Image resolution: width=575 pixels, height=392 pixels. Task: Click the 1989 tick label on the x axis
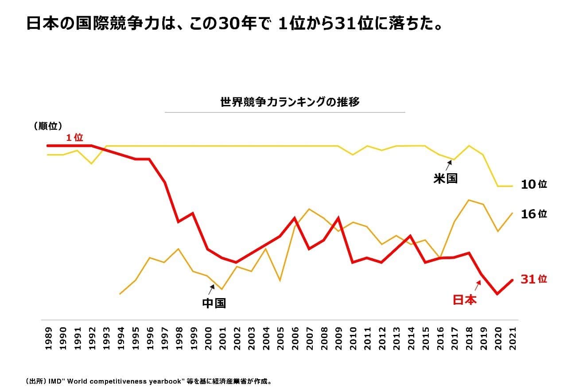(48, 338)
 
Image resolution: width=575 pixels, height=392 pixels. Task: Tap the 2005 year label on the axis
(280, 338)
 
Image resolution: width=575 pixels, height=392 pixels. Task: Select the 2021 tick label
(513, 338)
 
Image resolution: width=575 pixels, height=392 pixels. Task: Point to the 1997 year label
(164, 338)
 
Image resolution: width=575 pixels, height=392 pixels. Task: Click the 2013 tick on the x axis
(397, 338)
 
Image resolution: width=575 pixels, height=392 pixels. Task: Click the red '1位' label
(75, 138)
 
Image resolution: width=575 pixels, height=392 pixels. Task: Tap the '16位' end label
(534, 214)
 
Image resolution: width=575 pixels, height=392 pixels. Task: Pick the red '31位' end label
(534, 279)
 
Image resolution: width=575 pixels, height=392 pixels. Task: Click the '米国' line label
(445, 179)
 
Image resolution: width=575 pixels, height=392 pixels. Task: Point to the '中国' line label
(214, 303)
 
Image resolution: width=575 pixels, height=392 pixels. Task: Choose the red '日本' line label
(465, 300)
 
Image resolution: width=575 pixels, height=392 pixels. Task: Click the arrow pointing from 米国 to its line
(449, 166)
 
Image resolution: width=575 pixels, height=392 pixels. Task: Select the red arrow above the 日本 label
(478, 286)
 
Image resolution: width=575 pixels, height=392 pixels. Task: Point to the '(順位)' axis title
(47, 126)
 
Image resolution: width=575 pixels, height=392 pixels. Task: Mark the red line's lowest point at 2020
(498, 294)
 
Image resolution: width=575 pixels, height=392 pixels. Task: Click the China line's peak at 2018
(469, 200)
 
